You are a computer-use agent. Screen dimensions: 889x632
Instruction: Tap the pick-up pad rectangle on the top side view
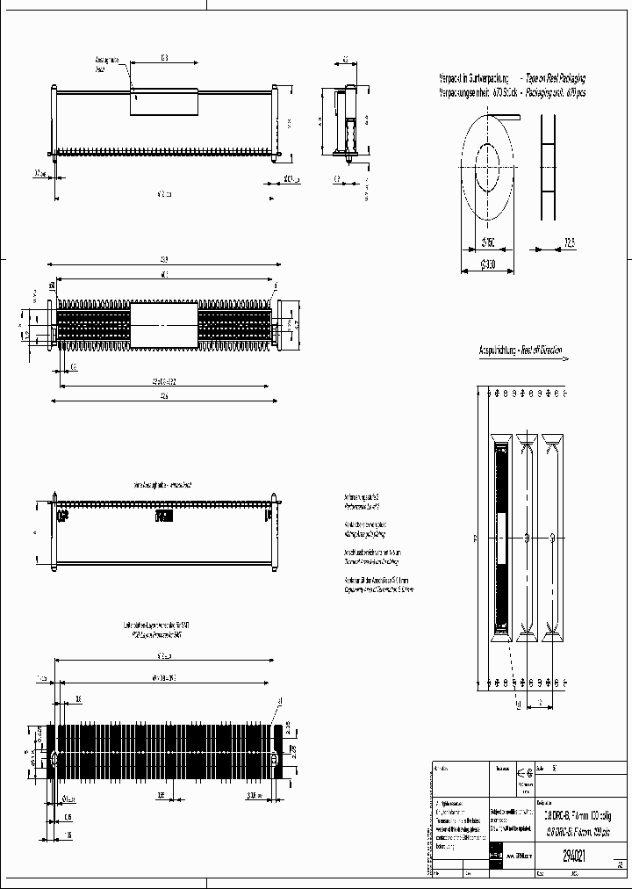(x=165, y=101)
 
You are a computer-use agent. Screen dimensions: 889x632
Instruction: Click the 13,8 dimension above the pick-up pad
(x=164, y=58)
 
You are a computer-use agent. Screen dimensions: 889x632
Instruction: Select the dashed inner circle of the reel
(x=488, y=163)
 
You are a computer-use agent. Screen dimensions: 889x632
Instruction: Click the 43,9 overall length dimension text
(x=164, y=258)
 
